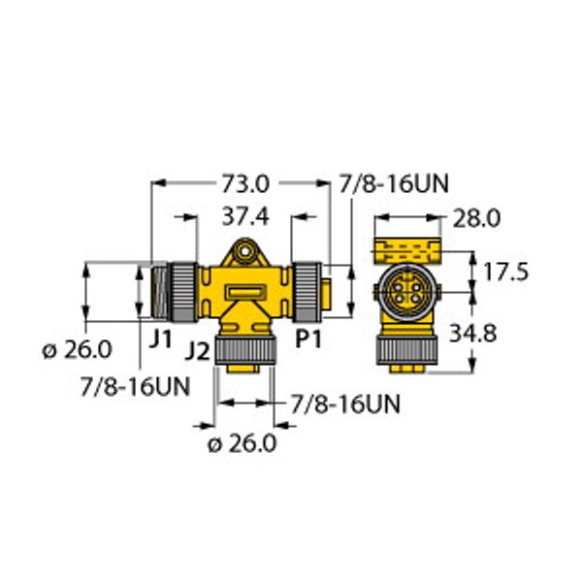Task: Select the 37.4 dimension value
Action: [x=247, y=215]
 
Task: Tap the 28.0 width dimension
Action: [x=475, y=219]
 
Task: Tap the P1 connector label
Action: [x=308, y=339]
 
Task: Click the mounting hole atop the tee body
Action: [x=245, y=253]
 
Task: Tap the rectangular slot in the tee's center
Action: [x=245, y=291]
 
